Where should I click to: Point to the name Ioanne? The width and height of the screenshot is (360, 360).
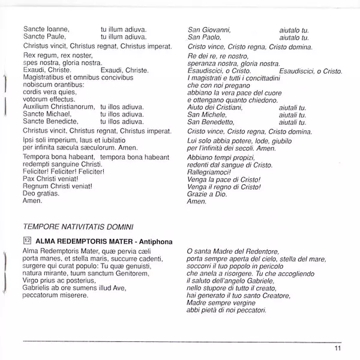coord(58,29)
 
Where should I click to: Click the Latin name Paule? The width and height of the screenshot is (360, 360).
coord(56,37)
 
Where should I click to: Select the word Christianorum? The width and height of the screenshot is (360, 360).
coord(76,106)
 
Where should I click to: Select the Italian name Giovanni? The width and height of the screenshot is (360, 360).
coord(215,29)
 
